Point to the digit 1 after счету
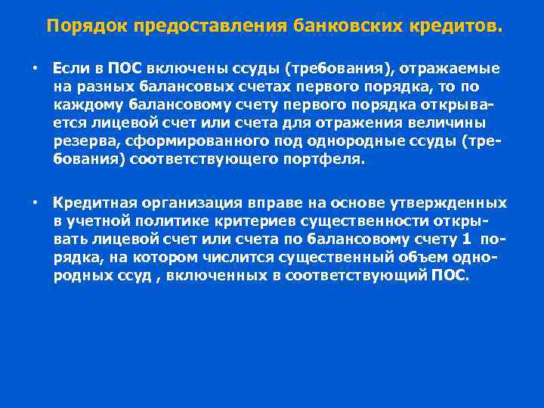pyautogui.click(x=466, y=240)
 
